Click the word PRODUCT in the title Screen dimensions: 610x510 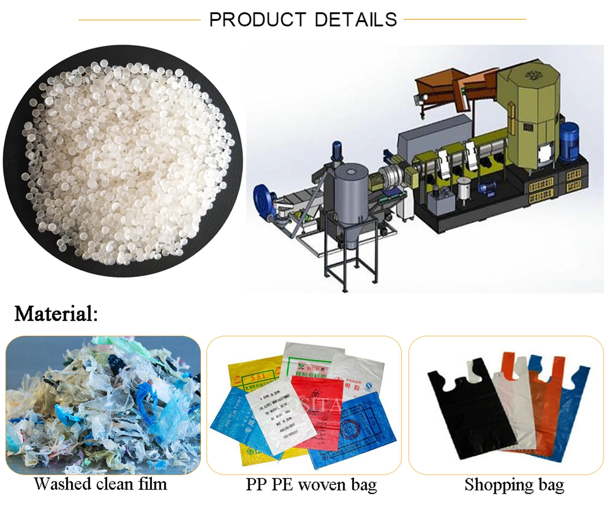point(257,20)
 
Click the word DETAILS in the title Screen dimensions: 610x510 point(356,20)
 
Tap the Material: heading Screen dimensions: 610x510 point(56,314)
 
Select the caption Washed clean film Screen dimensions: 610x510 point(100,484)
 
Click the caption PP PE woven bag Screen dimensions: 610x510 point(311,485)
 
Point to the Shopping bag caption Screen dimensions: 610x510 point(514,485)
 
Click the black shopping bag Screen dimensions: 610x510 point(468,411)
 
